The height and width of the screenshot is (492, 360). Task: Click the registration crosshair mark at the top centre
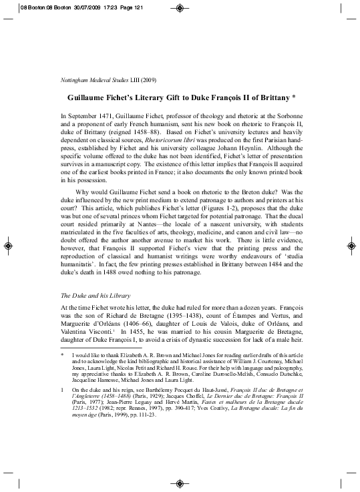pyautogui.click(x=180, y=8)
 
